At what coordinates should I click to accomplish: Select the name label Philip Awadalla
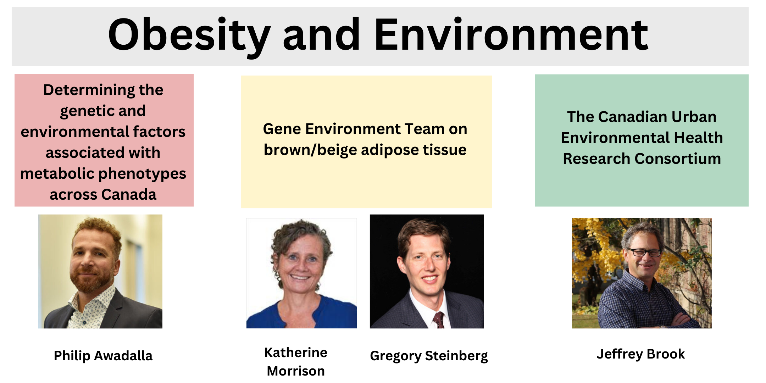(103, 356)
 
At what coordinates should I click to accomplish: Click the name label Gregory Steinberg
(429, 356)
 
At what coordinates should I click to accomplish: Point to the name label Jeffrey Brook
(640, 354)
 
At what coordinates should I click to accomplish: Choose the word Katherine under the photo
(296, 353)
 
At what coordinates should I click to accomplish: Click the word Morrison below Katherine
(296, 371)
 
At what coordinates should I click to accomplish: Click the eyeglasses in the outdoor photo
(644, 252)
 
